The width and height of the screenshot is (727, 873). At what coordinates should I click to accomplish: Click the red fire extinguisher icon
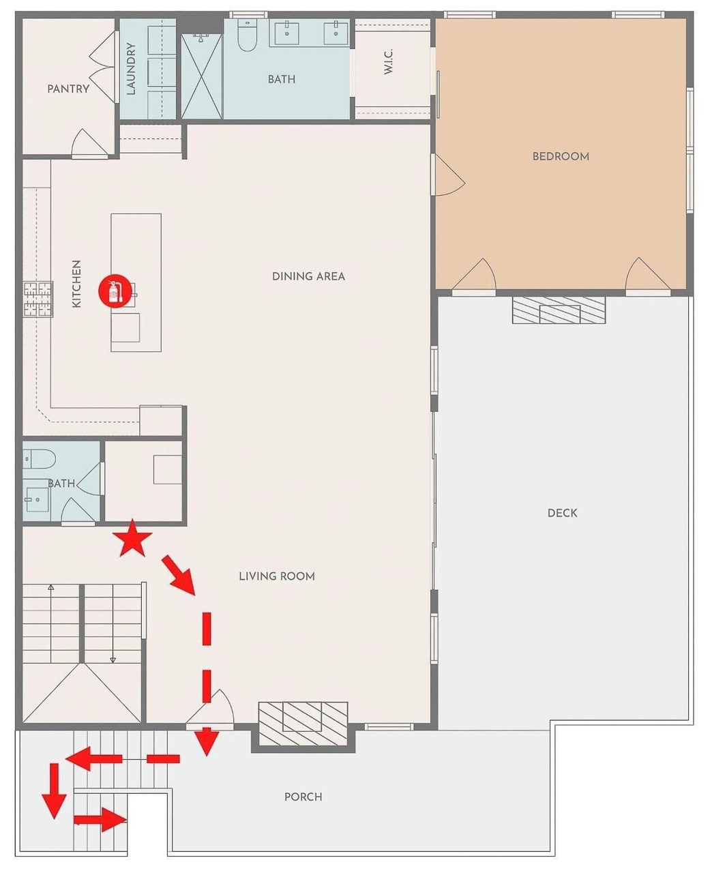115,291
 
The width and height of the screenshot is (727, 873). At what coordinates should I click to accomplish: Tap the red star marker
132,539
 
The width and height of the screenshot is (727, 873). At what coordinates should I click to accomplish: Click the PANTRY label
68,89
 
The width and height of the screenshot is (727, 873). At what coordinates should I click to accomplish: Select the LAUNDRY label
131,69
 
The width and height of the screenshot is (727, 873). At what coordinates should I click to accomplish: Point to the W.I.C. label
388,61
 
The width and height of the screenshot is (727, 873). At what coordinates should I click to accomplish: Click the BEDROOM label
561,156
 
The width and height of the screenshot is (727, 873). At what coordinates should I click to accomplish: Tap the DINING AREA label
308,276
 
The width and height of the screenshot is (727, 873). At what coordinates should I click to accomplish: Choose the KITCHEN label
76,284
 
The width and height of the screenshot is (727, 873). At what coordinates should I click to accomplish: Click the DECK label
562,513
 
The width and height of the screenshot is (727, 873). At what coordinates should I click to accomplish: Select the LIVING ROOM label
277,576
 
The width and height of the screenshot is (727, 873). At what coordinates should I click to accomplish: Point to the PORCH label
303,797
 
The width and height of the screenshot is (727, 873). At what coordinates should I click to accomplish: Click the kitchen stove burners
38,299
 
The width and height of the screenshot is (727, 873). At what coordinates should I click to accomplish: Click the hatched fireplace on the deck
559,310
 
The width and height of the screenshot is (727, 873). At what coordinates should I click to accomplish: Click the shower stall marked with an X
201,76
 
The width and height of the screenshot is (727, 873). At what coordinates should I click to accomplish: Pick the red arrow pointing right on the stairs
100,819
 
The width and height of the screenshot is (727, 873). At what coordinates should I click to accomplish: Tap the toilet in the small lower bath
39,459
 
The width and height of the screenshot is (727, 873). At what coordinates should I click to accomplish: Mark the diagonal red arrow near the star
179,574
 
